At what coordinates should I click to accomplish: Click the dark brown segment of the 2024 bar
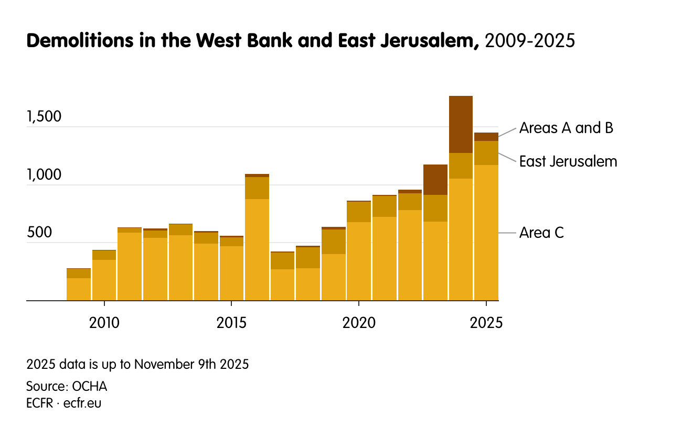(461, 124)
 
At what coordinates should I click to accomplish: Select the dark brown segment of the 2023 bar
(435, 180)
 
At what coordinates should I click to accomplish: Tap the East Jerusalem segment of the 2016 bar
(257, 188)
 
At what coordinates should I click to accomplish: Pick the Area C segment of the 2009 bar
(79, 289)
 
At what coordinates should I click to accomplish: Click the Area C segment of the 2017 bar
(282, 284)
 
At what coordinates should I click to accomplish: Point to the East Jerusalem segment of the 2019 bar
(333, 242)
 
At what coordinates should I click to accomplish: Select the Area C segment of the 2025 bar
(486, 233)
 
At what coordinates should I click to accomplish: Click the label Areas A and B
(566, 128)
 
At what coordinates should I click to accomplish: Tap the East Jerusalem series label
(568, 161)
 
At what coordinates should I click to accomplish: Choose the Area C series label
(541, 233)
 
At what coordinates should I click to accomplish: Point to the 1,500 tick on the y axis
(44, 117)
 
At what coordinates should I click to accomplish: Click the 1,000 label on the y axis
(44, 175)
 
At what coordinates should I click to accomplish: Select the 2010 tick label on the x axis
(104, 323)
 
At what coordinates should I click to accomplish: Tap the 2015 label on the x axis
(231, 323)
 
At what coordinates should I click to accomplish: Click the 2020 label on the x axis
(359, 323)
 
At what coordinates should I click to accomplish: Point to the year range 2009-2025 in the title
(530, 41)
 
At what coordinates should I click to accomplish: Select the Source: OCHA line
(67, 387)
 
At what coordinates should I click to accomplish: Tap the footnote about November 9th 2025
(137, 364)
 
